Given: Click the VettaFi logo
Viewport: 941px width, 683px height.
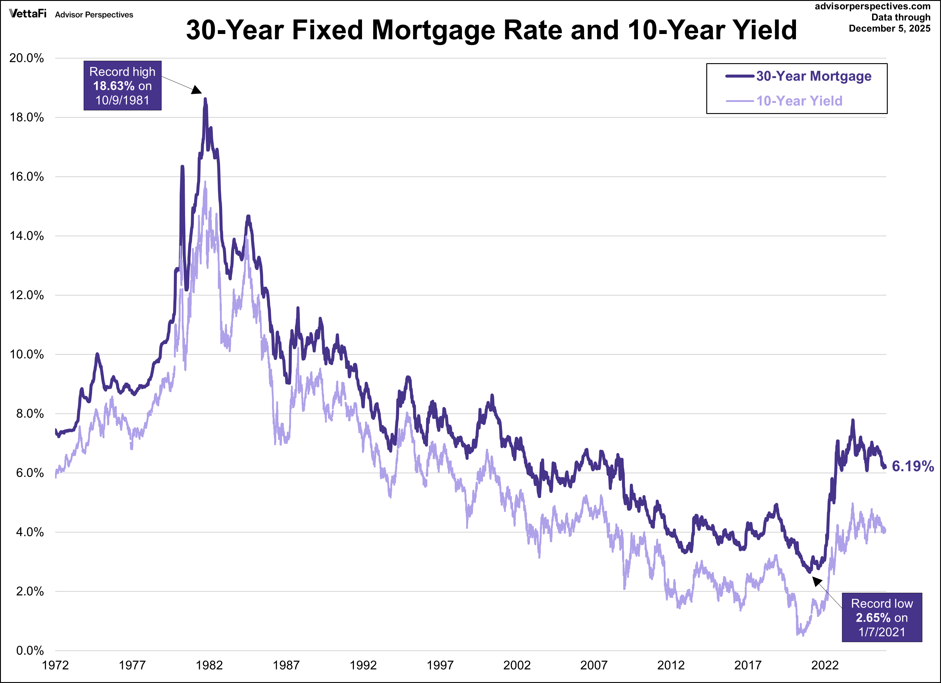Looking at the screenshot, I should click(27, 14).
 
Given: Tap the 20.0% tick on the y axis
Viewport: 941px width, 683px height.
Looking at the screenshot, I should click(26, 58).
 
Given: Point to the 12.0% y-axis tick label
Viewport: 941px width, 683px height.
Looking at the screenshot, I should click(26, 295).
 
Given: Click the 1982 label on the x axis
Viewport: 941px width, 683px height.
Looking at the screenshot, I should click(209, 666).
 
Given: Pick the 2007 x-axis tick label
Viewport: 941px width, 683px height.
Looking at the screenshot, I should click(594, 666).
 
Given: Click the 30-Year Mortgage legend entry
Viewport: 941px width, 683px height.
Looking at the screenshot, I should click(813, 76).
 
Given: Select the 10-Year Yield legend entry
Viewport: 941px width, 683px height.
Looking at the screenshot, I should click(799, 101).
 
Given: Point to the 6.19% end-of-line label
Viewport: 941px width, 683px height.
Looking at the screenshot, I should click(912, 466).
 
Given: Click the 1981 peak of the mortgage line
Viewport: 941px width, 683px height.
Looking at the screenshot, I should click(205, 100).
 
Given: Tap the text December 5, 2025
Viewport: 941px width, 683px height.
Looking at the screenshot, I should click(889, 29).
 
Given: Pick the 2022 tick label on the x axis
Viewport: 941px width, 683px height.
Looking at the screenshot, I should click(825, 666).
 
